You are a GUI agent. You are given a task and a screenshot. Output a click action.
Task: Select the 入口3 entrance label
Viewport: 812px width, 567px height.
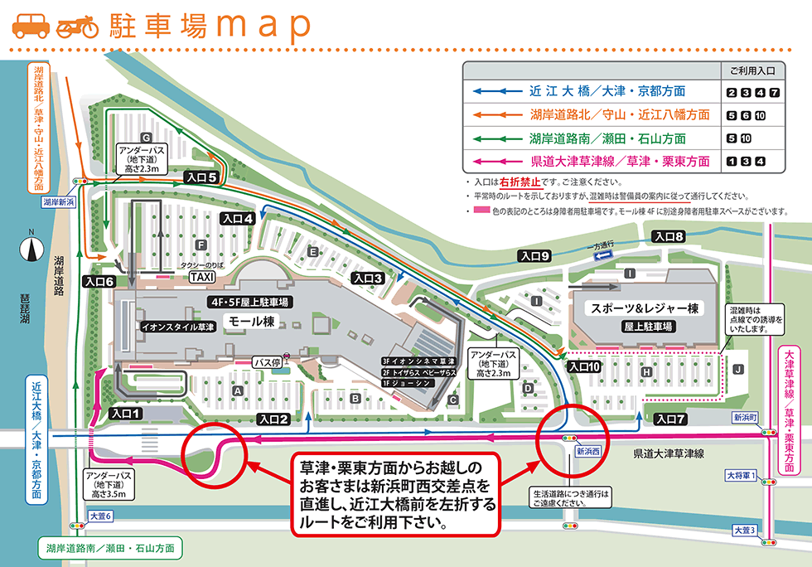tap(366, 278)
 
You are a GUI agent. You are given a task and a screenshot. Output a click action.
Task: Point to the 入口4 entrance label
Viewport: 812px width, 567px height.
tap(237, 219)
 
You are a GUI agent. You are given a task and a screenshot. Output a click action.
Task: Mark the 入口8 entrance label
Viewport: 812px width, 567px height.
tap(669, 237)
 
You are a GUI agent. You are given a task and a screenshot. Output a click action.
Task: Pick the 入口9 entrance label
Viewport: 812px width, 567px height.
tap(535, 256)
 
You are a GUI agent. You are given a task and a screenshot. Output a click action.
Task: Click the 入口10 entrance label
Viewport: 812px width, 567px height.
tap(583, 366)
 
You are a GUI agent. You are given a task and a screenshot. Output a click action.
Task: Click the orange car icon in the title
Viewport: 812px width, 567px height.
tap(30, 25)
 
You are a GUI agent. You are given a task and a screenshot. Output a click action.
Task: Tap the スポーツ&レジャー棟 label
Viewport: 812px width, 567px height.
tap(645, 308)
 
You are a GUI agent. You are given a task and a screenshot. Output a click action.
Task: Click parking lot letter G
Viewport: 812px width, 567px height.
tap(145, 137)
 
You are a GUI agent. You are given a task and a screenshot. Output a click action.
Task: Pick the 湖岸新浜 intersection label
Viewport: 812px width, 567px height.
tap(59, 201)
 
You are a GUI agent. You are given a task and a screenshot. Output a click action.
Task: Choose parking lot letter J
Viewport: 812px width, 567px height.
tap(737, 368)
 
